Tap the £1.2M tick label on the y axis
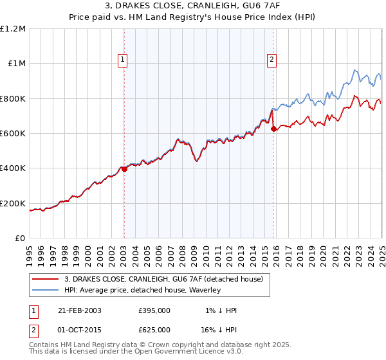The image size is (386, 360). [x=13, y=29]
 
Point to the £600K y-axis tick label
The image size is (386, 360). [x=13, y=134]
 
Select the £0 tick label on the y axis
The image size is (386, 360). [x=19, y=239]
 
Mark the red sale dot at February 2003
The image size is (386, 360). [x=125, y=169]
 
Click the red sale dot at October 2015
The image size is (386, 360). [x=273, y=129]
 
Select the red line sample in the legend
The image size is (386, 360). [x=45, y=280]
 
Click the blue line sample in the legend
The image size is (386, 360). [x=45, y=291]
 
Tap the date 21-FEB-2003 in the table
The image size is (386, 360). [x=80, y=310]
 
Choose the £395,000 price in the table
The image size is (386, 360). [x=154, y=310]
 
